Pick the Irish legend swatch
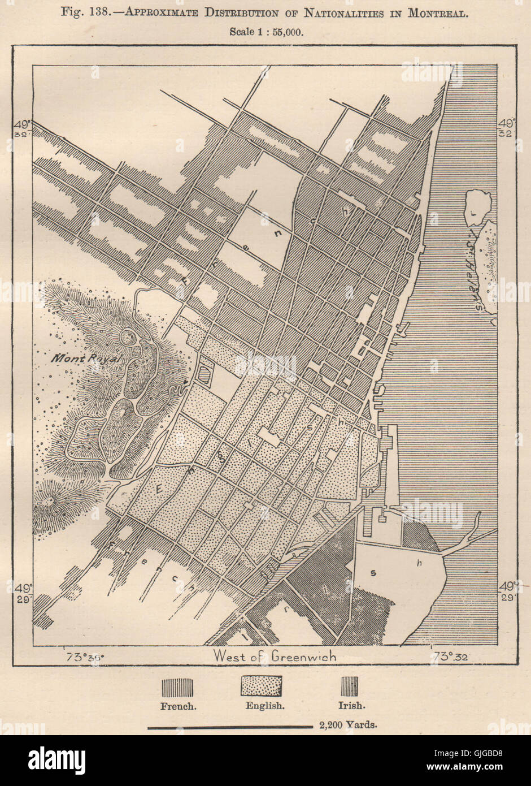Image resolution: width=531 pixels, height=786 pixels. (349, 686)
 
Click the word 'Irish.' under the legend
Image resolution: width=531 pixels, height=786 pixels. (351, 705)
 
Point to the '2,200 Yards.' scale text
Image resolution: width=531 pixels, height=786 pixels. (347, 724)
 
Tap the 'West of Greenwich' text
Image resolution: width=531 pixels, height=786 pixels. (275, 656)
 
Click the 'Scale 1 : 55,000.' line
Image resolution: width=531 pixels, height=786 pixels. (266, 32)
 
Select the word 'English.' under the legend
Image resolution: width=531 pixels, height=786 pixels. (264, 705)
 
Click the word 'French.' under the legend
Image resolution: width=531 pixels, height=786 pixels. (178, 705)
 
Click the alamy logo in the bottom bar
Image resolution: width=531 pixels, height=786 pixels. (56, 757)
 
